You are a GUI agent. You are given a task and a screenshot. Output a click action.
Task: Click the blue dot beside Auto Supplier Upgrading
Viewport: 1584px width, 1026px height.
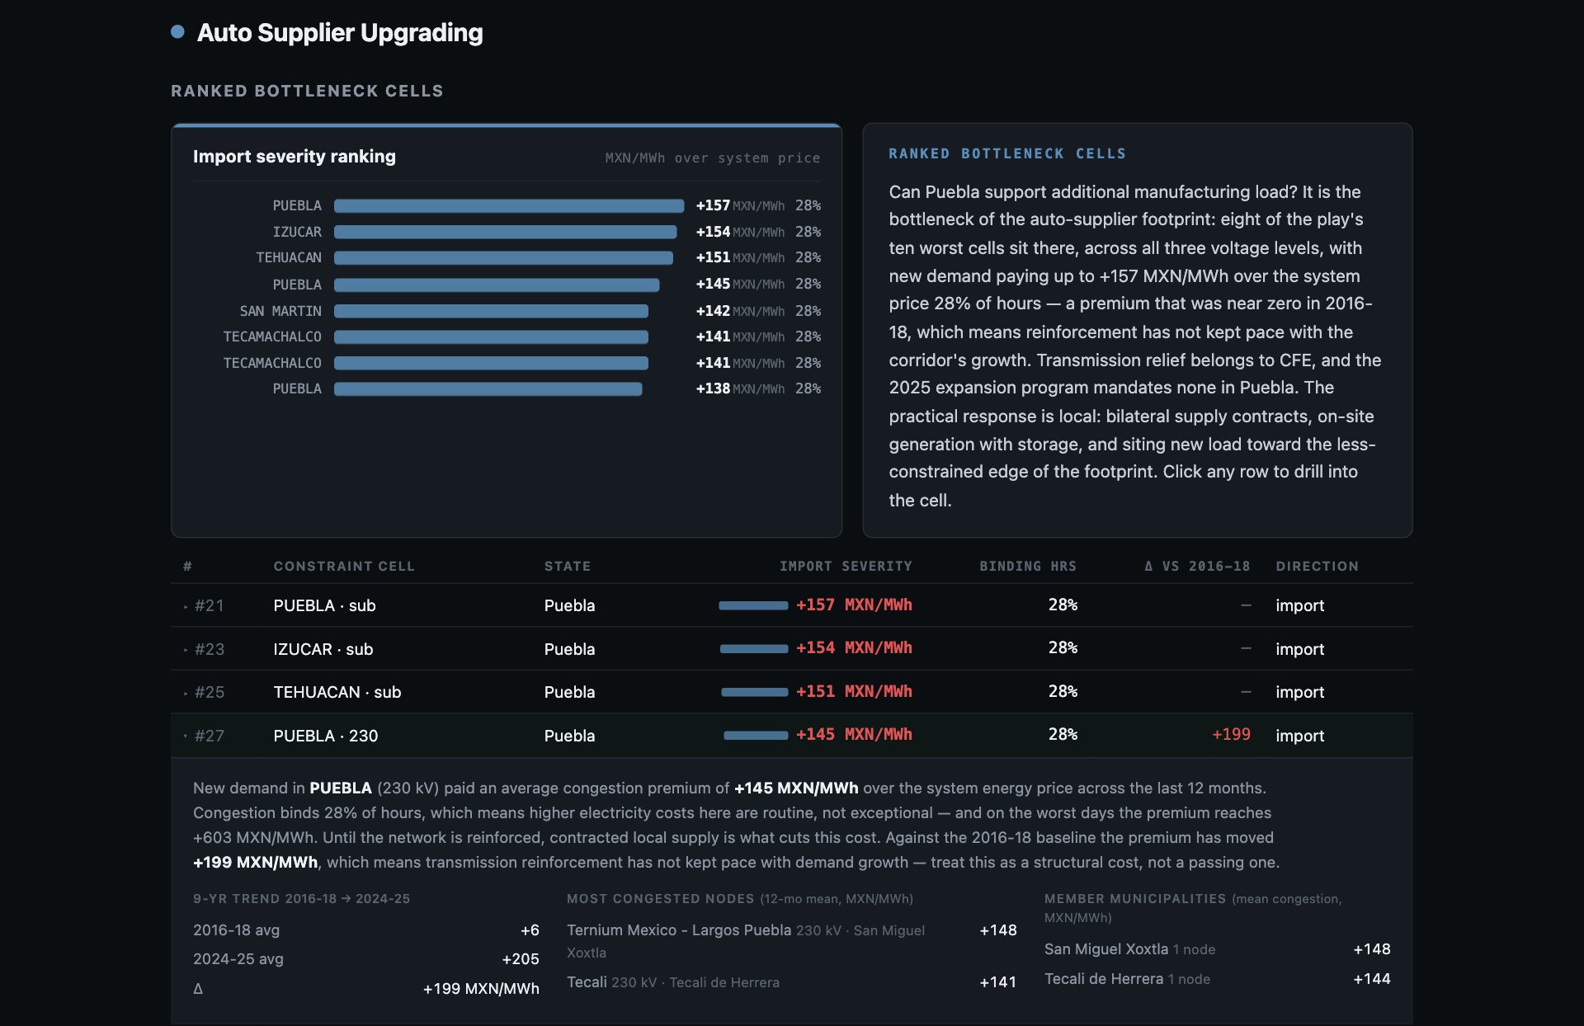tap(177, 31)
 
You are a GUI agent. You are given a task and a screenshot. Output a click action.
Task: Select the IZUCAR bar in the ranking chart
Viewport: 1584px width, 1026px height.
tap(505, 232)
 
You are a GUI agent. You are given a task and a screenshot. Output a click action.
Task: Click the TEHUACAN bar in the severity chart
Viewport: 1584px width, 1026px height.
tap(503, 258)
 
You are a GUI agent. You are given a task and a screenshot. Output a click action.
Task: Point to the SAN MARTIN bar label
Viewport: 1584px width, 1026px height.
tap(280, 311)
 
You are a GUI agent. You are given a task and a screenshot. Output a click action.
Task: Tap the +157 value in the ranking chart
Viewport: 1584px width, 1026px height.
tap(713, 205)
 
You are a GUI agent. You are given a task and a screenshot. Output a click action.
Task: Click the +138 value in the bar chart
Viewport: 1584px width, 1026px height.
tap(713, 388)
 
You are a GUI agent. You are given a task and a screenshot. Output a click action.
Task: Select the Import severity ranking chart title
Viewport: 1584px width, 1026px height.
tap(295, 157)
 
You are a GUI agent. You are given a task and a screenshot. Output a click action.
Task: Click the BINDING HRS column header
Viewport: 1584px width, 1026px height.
tap(1028, 567)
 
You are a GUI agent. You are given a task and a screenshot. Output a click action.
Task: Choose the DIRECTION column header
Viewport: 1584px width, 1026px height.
tap(1317, 567)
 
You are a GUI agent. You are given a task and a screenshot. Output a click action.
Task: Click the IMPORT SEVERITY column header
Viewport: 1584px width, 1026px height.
tap(846, 567)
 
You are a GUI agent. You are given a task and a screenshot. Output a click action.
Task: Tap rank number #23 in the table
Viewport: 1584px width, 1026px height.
tap(210, 649)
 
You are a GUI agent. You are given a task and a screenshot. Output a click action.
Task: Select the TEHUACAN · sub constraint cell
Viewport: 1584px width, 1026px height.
tap(337, 692)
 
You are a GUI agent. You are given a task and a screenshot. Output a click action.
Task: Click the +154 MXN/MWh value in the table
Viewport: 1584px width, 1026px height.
tap(854, 648)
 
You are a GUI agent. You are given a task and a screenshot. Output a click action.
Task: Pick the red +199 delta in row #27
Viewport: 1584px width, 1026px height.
tap(1231, 734)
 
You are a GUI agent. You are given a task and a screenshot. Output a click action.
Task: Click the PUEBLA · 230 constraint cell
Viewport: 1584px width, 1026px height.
tap(326, 736)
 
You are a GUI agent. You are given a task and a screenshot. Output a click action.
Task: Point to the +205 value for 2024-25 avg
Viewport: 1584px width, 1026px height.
tap(521, 959)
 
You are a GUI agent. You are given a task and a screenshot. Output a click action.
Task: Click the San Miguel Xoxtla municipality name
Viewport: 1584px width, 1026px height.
tap(1106, 949)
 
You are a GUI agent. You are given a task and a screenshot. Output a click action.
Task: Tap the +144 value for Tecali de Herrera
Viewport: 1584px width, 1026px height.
tap(1372, 979)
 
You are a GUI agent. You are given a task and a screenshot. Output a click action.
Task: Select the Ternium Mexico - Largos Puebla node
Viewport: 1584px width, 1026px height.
tap(679, 930)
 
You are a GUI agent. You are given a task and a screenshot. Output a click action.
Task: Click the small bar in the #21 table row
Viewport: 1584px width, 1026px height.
tap(753, 605)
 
